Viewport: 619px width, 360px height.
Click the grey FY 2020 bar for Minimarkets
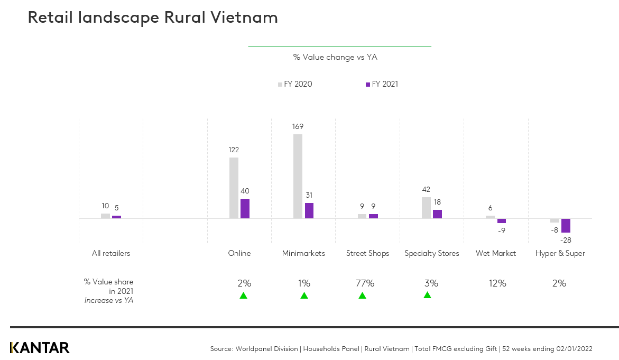[298, 176]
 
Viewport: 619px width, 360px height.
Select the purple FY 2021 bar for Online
[245, 208]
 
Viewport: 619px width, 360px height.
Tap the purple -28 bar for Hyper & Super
[566, 225]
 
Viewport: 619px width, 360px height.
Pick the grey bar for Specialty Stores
[426, 207]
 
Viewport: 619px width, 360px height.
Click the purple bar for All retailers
[116, 217]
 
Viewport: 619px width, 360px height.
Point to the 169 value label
[298, 126]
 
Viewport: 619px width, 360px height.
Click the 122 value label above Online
[234, 150]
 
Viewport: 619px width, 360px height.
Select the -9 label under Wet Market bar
[502, 230]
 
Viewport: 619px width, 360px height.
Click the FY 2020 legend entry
[295, 84]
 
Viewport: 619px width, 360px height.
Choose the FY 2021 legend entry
[382, 84]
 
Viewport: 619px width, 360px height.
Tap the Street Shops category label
[367, 253]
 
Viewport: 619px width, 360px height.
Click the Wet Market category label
[495, 253]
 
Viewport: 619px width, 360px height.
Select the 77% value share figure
[364, 283]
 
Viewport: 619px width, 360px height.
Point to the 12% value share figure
[497, 283]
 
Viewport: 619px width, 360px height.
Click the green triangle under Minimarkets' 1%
[304, 296]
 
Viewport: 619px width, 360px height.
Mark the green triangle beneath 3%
[427, 295]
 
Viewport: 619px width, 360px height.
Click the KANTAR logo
[40, 347]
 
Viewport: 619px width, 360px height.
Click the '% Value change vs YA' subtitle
[335, 57]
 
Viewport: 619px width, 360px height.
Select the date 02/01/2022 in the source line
[574, 349]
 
